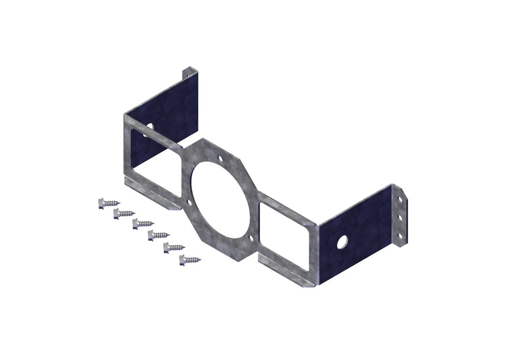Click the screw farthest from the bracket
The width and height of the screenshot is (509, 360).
(x=109, y=202)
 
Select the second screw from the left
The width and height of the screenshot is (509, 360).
(x=124, y=213)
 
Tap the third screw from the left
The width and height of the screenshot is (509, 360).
(x=143, y=224)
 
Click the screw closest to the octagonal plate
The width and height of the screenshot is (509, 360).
(x=190, y=259)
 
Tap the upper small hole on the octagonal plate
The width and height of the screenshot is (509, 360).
(x=220, y=159)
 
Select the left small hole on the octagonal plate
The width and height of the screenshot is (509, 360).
(x=189, y=202)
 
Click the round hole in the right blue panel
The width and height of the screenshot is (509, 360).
(x=342, y=242)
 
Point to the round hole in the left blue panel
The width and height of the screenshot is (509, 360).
(x=149, y=130)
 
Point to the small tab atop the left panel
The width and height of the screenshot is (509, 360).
(x=187, y=72)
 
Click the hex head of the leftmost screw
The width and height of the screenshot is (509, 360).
(x=101, y=203)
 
